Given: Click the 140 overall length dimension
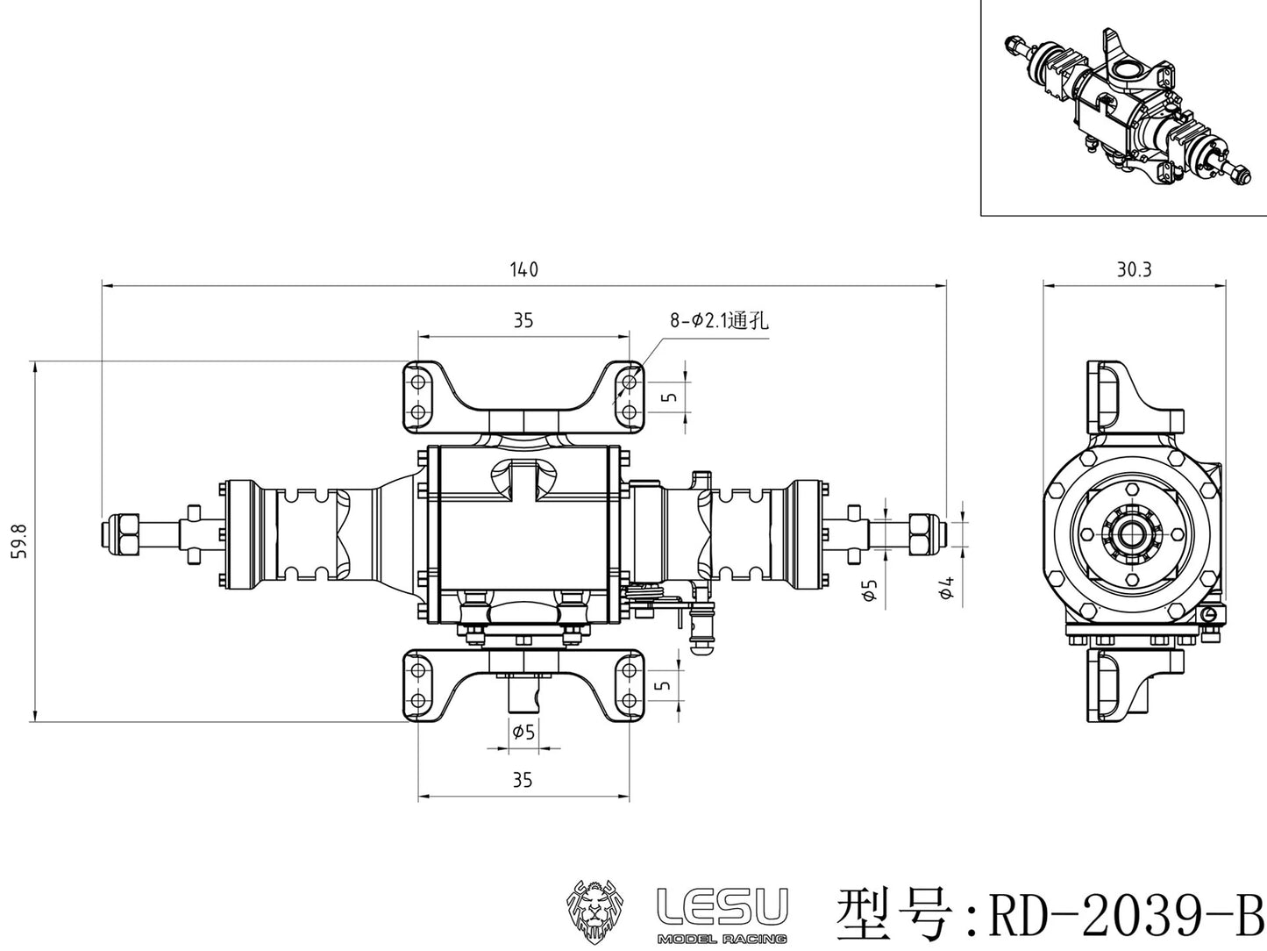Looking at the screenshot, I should pos(523,269).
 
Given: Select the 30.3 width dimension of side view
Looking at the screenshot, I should pos(1133,269).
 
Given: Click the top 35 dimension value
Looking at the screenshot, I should pos(523,320).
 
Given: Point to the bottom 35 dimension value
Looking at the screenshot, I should pos(523,780).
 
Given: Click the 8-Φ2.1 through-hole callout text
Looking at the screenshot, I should pos(719,321).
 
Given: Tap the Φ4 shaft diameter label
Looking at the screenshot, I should pos(946,590).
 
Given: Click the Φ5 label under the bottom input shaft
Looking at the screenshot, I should pos(523,731).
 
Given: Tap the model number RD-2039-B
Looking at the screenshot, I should pos(1125,913).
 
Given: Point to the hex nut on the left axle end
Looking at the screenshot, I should pos(123,533).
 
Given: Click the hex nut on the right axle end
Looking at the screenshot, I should pos(924,533).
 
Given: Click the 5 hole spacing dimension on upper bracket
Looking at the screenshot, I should pos(671,397).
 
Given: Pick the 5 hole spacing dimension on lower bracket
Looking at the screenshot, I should pos(666,683).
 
